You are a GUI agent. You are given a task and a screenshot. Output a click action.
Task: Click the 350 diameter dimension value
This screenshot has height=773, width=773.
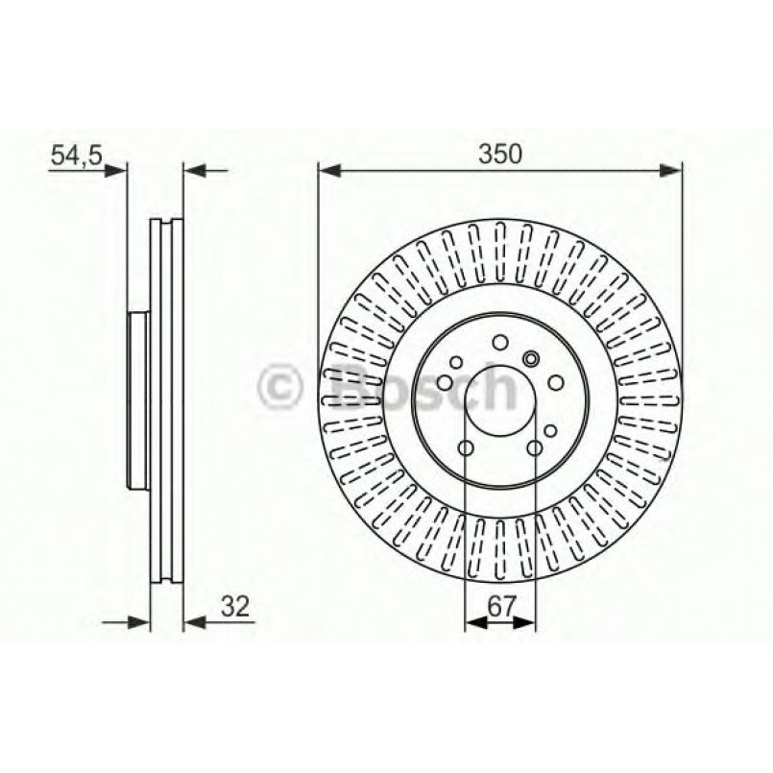point(499,153)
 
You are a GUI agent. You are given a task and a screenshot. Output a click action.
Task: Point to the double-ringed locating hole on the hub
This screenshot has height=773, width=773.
point(531,359)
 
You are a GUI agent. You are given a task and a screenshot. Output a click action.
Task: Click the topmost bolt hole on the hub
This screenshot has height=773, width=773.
point(499,343)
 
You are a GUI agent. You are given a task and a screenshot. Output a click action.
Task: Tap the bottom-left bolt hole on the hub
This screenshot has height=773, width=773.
point(466,448)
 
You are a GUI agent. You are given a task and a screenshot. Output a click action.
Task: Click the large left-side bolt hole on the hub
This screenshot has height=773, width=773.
point(445,383)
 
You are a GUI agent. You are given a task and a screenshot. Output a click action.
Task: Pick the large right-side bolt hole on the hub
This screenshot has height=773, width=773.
point(555,383)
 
